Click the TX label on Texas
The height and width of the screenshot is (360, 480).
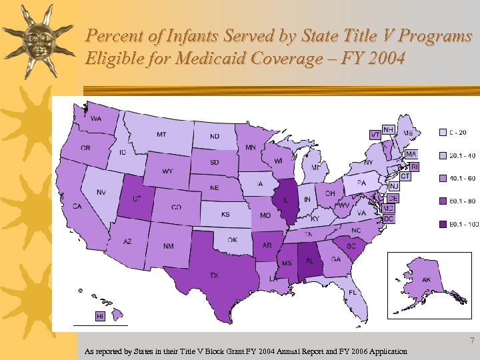(x=214, y=275)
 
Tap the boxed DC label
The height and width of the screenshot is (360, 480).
(x=389, y=219)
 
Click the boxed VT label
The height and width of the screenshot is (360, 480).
(x=375, y=134)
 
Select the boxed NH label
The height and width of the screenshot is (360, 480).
(x=388, y=128)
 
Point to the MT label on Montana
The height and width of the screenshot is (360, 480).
(x=161, y=134)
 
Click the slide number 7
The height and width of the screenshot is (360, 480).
(x=472, y=341)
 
